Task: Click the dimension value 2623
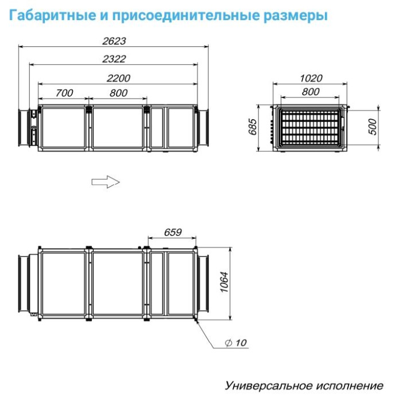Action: click(x=114, y=41)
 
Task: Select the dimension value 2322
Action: click(x=114, y=59)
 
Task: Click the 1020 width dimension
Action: click(x=311, y=78)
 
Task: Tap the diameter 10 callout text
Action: click(x=236, y=343)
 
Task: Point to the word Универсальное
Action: click(x=269, y=385)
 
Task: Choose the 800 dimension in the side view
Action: click(x=118, y=93)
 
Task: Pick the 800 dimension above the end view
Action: click(x=310, y=92)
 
